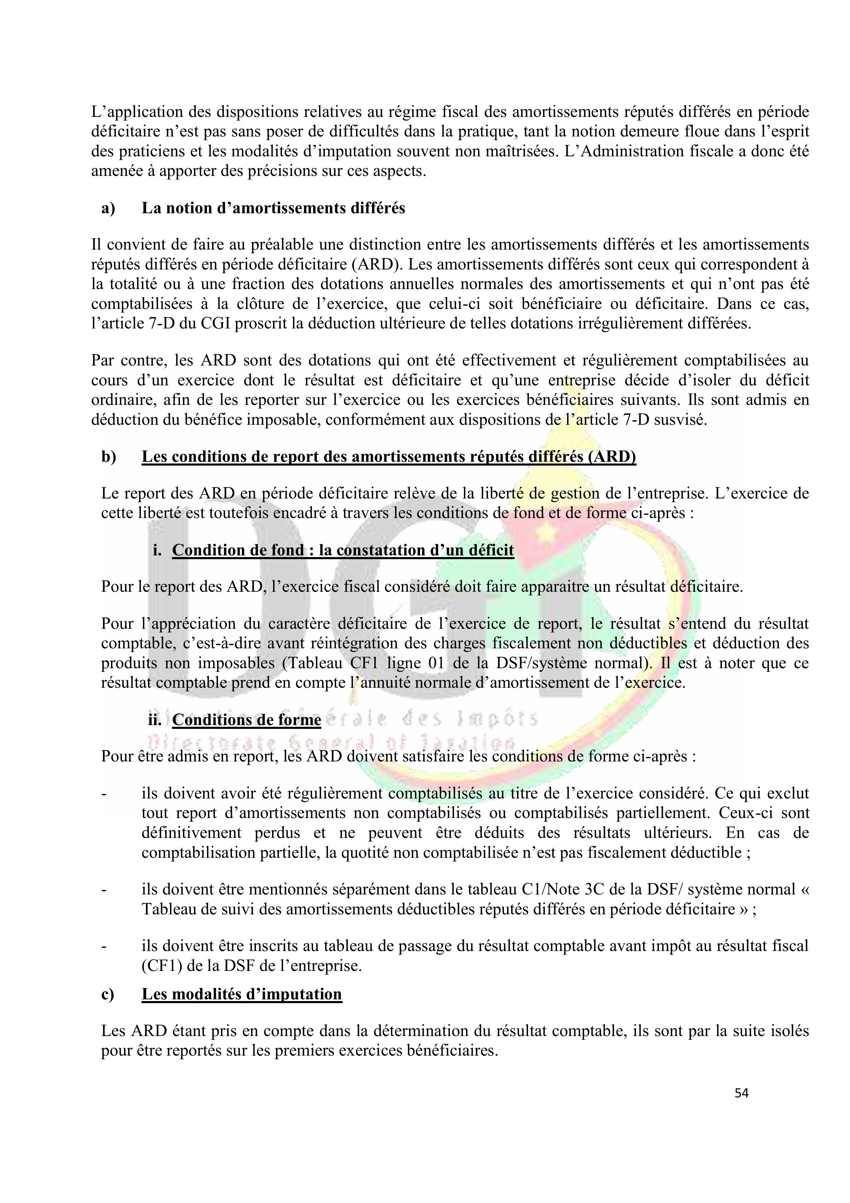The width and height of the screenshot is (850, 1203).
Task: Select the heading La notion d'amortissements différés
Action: pyautogui.click(x=273, y=208)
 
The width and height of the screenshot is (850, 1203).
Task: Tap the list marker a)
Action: pyautogui.click(x=108, y=208)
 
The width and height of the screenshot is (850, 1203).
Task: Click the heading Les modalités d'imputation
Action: pyautogui.click(x=242, y=994)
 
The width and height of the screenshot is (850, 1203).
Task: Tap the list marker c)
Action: pyautogui.click(x=108, y=994)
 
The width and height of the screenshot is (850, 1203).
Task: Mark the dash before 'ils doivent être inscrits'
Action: pyautogui.click(x=104, y=946)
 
